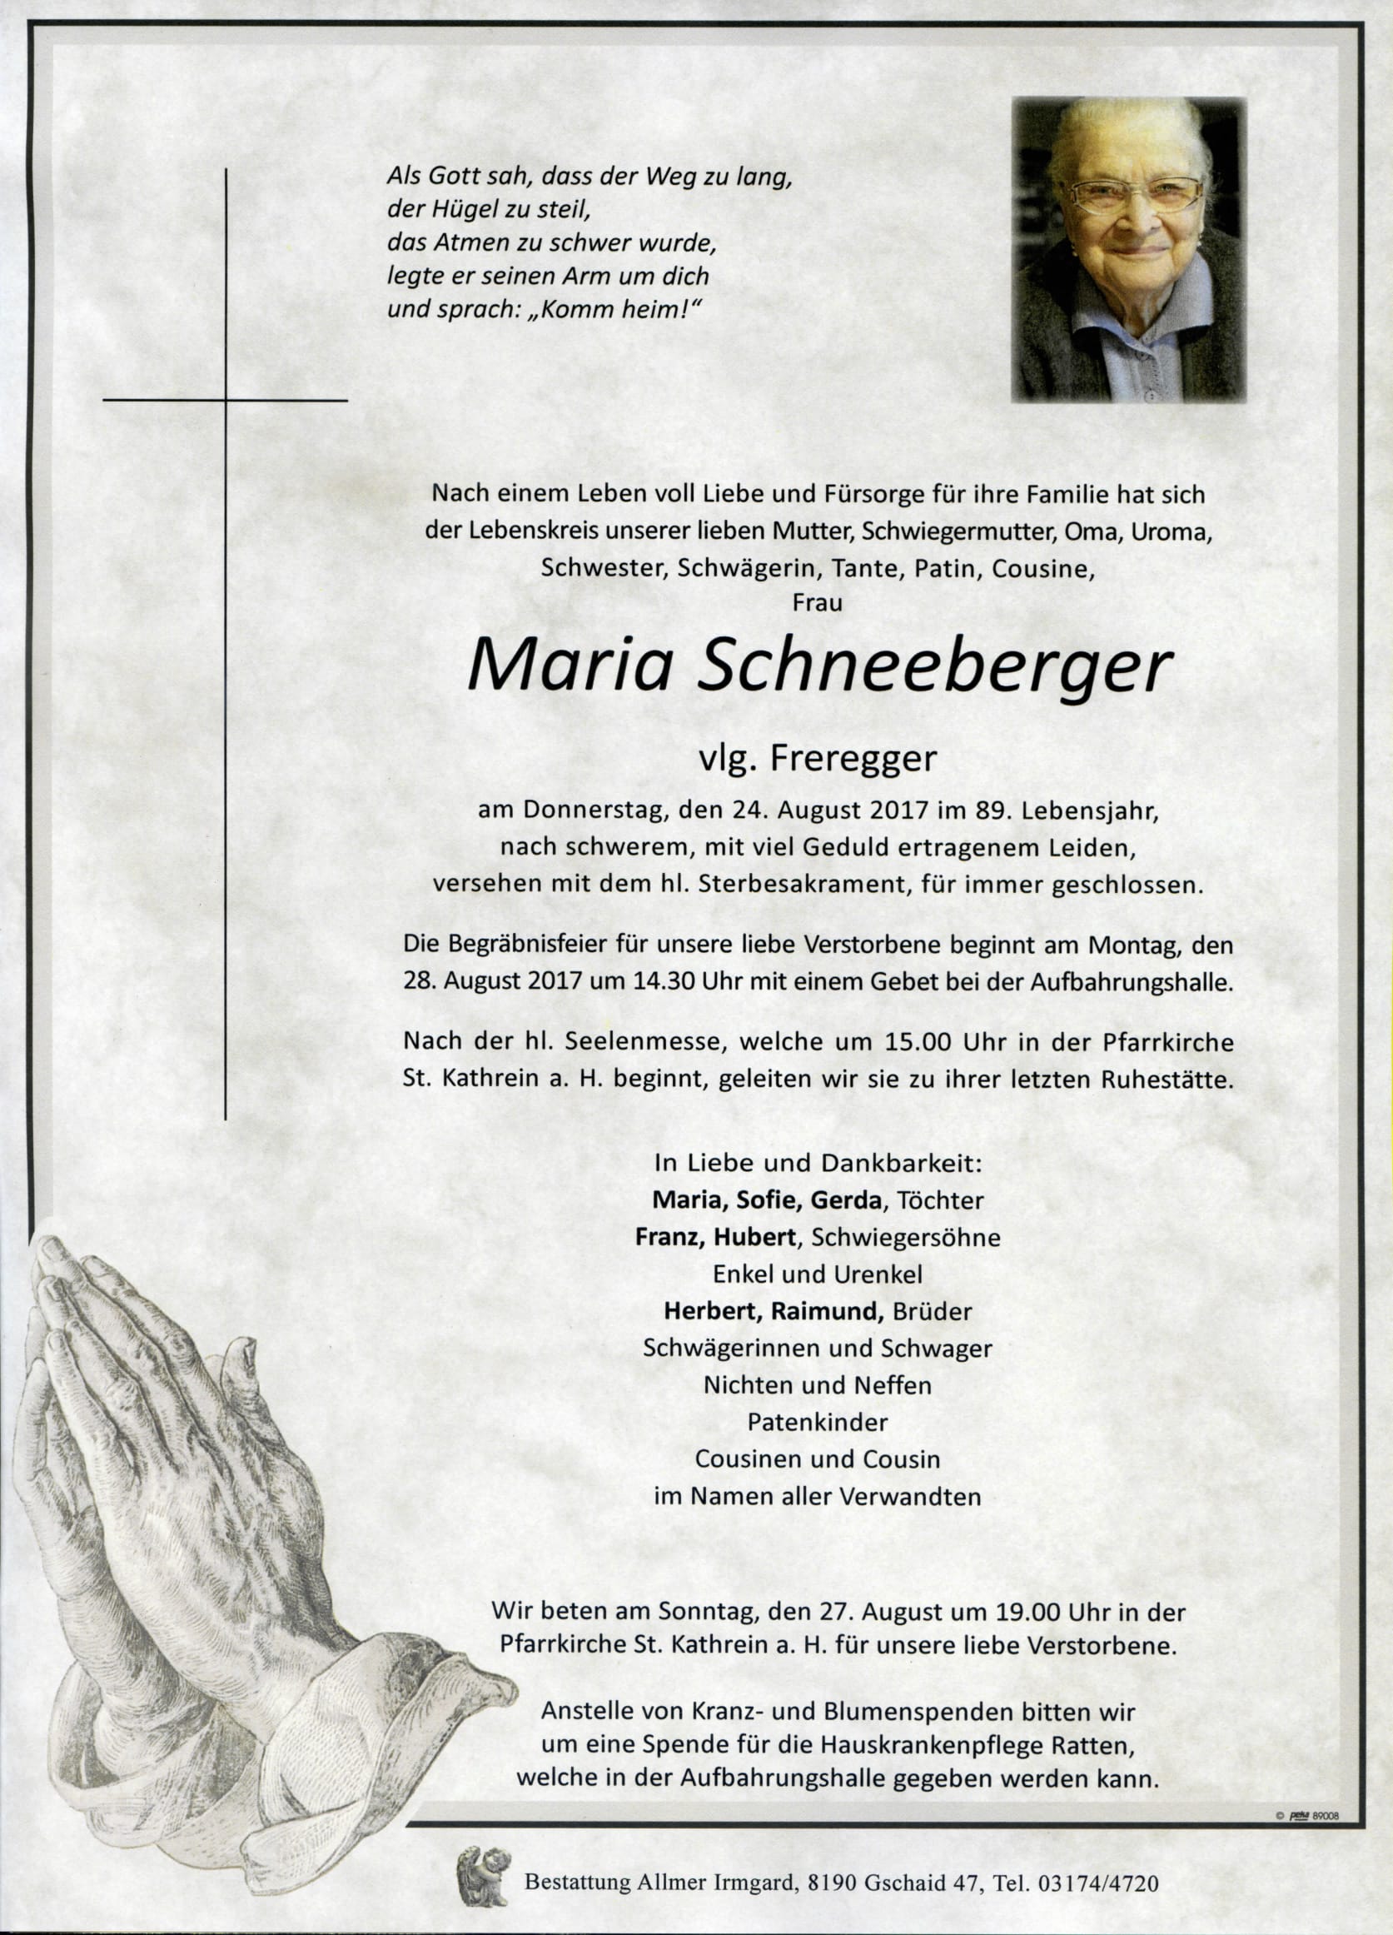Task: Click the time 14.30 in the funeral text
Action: click(730, 982)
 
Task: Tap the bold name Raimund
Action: click(826, 1310)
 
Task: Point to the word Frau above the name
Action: click(817, 602)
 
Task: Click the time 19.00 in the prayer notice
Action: click(990, 1612)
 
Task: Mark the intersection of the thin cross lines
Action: click(226, 399)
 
